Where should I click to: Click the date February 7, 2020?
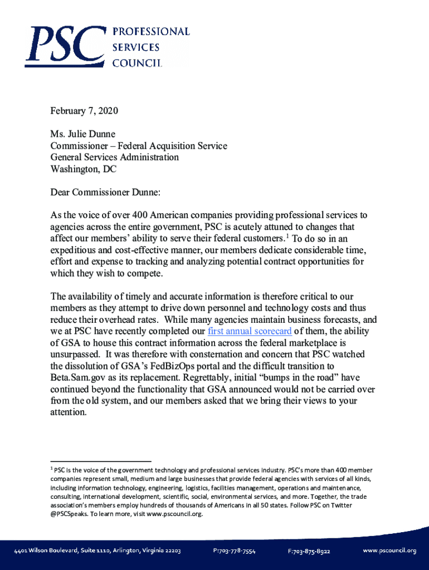pyautogui.click(x=84, y=111)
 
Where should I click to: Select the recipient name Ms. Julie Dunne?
pyautogui.click(x=83, y=134)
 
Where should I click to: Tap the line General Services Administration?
pyautogui.click(x=115, y=158)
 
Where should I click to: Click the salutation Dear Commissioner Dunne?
pyautogui.click(x=105, y=193)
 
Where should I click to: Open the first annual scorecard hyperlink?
pyautogui.click(x=250, y=331)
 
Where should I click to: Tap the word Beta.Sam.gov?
pyautogui.click(x=79, y=378)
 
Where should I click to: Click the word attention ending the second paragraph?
pyautogui.click(x=67, y=412)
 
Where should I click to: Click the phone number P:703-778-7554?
pyautogui.click(x=234, y=551)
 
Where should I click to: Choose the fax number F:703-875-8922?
pyautogui.click(x=309, y=551)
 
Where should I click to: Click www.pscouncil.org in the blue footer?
pyautogui.click(x=389, y=551)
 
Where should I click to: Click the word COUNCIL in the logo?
pyautogui.click(x=138, y=63)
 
